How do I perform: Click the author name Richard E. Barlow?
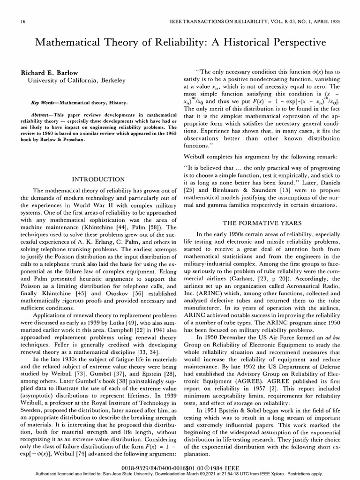[49, 73]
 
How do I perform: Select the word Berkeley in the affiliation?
[109, 81]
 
